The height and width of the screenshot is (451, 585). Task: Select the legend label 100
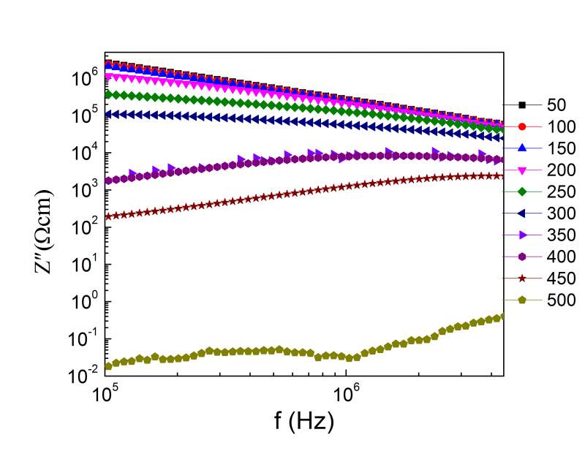pyautogui.click(x=560, y=126)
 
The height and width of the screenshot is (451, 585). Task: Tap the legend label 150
pyautogui.click(x=560, y=148)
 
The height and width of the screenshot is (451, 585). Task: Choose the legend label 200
pyautogui.click(x=560, y=170)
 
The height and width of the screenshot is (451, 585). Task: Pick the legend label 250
pyautogui.click(x=560, y=192)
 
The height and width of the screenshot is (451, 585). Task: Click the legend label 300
pyautogui.click(x=560, y=213)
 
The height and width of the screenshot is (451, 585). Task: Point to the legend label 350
pyautogui.click(x=560, y=235)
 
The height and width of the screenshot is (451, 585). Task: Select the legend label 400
pyautogui.click(x=560, y=257)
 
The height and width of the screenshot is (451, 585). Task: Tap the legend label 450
pyautogui.click(x=560, y=278)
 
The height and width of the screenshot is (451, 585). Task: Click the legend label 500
pyautogui.click(x=560, y=300)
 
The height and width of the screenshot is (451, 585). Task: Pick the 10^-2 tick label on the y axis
pyautogui.click(x=83, y=376)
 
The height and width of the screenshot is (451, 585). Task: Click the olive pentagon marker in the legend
pyautogui.click(x=522, y=300)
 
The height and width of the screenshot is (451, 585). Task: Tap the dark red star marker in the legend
pyautogui.click(x=522, y=278)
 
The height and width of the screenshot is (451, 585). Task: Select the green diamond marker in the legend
pyautogui.click(x=522, y=192)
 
